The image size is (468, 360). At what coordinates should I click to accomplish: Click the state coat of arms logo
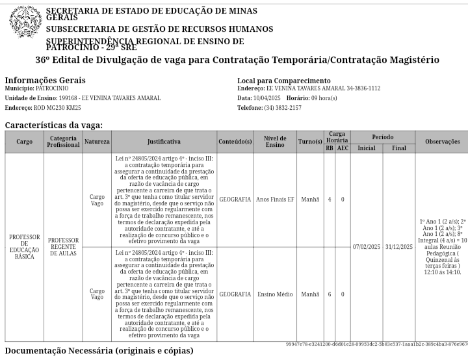[x=25, y=22]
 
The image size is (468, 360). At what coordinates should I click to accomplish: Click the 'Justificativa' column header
[x=164, y=142]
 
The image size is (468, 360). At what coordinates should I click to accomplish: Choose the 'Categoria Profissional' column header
[x=63, y=142]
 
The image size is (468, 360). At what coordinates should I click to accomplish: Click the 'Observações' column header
[x=442, y=142]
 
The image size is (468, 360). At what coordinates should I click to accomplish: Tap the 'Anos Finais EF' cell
[x=275, y=199]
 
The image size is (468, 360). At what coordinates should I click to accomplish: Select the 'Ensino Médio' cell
[x=275, y=294]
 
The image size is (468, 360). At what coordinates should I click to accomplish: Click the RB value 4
[x=330, y=199]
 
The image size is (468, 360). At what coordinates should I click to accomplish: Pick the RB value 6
[x=330, y=294]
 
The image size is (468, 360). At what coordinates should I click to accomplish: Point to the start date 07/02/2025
[x=367, y=247]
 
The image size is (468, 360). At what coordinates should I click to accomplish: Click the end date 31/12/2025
[x=399, y=247]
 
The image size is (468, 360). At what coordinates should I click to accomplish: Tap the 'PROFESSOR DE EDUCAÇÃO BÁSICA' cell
[x=24, y=247]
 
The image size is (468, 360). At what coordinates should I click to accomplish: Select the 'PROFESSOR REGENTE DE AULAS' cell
[x=63, y=247]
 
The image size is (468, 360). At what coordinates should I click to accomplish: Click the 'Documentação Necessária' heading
[x=99, y=351]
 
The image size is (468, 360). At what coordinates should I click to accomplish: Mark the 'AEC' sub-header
[x=343, y=148]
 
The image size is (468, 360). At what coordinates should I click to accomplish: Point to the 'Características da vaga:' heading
[x=53, y=125]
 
